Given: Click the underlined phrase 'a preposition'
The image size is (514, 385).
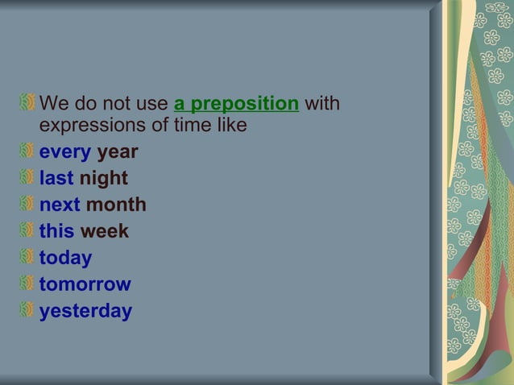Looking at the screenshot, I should click(x=236, y=104).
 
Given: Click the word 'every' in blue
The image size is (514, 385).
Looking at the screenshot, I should click(x=65, y=152).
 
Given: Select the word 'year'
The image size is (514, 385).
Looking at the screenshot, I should click(x=118, y=152).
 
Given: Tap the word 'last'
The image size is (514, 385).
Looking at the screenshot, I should click(x=56, y=178).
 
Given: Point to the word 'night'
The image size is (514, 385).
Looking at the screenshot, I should click(x=103, y=178).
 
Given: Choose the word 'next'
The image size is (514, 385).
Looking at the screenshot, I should click(x=60, y=205).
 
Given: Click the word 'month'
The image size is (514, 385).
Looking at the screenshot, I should click(x=116, y=205).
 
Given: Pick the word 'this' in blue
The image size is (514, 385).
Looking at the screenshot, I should click(x=56, y=231).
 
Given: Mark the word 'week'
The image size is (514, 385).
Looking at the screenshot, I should click(x=104, y=231).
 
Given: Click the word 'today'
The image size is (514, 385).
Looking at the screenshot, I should click(x=65, y=258).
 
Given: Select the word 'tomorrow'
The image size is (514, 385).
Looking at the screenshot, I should click(x=85, y=284).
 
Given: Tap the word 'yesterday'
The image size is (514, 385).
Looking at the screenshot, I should click(x=85, y=311).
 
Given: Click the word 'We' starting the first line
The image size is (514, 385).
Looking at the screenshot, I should click(x=53, y=104).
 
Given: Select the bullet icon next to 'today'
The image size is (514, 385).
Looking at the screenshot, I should click(x=28, y=257).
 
